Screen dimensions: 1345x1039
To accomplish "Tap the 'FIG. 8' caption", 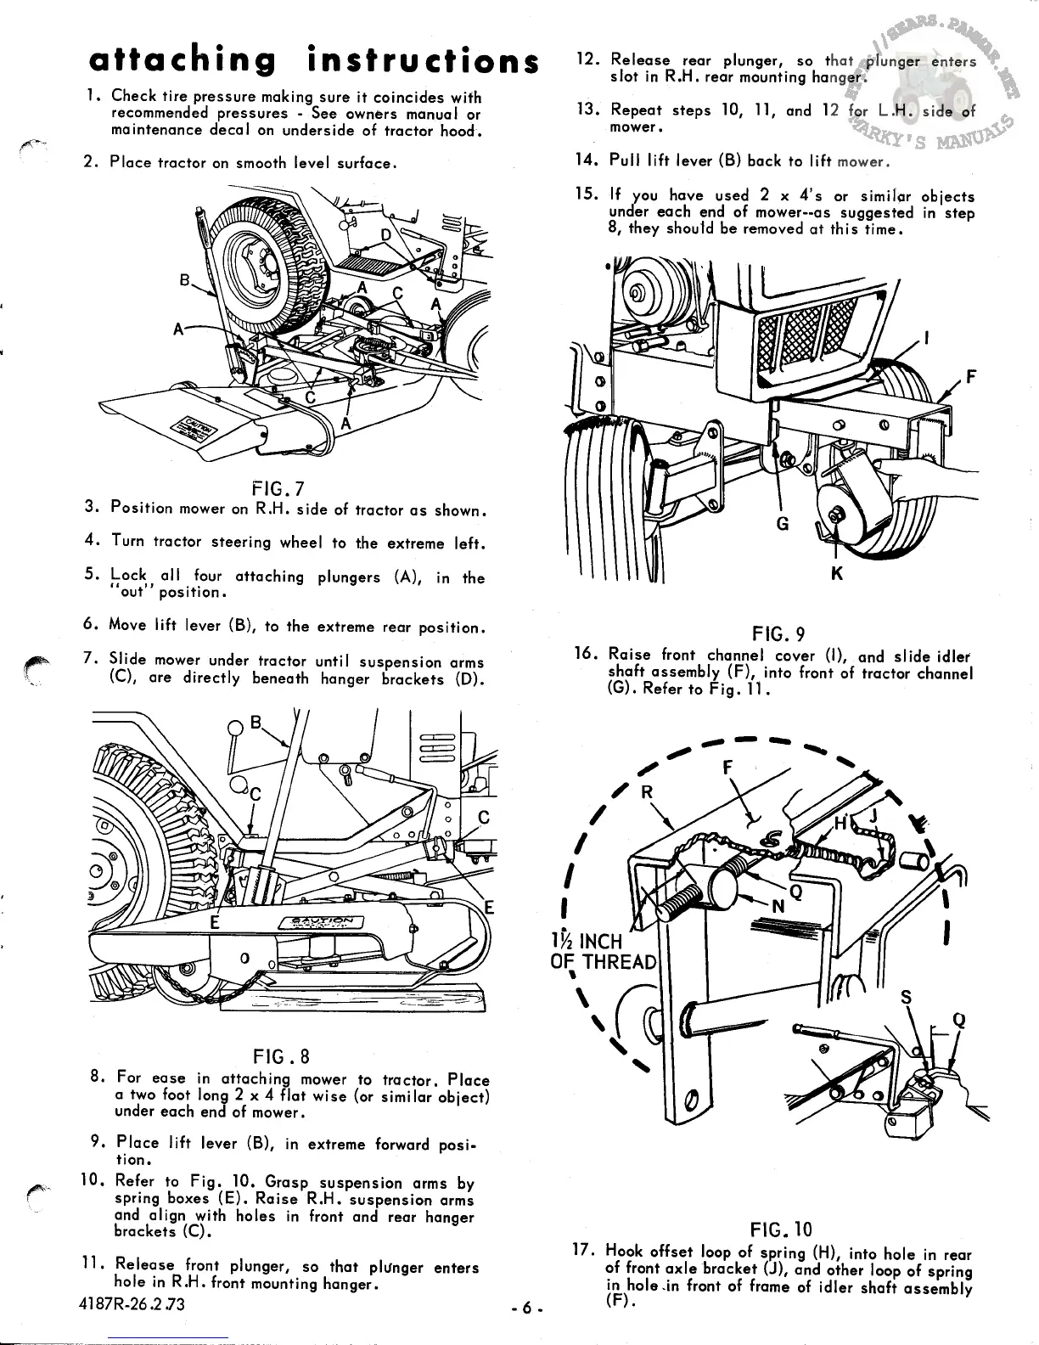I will tap(281, 1056).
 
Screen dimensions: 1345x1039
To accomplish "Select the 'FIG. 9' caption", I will tap(778, 633).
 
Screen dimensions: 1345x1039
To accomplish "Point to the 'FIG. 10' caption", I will tap(781, 1229).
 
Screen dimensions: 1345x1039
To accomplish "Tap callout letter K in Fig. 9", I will tap(836, 574).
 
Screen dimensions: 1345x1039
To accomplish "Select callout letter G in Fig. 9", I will tap(783, 524).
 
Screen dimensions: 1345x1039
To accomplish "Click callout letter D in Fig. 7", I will tap(386, 234).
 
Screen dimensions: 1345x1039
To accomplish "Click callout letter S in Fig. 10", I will tap(906, 999).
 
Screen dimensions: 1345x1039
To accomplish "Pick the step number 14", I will tap(585, 160).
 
